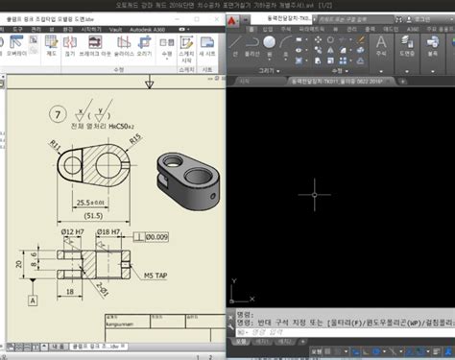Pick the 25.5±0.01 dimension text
coord(94,203)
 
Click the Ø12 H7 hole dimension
coord(74,233)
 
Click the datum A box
coord(35,300)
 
